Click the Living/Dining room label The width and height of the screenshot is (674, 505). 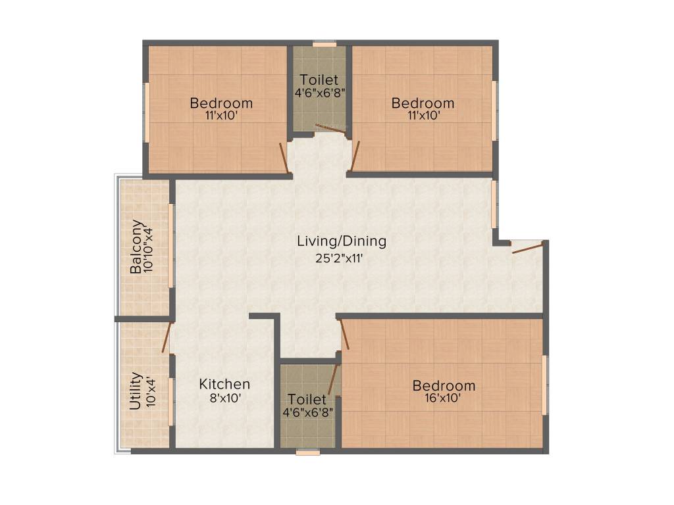pyautogui.click(x=342, y=241)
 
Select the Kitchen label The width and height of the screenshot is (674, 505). pyautogui.click(x=224, y=384)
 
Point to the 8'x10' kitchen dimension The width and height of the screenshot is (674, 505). pyautogui.click(x=225, y=398)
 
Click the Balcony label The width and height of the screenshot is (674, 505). pyautogui.click(x=136, y=247)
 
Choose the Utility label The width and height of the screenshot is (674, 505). pyautogui.click(x=136, y=391)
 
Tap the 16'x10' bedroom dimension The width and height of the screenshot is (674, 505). pyautogui.click(x=444, y=398)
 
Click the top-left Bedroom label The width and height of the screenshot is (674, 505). pyautogui.click(x=221, y=103)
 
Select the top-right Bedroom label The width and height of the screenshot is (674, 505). pyautogui.click(x=423, y=103)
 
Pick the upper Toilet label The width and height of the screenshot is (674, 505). pyautogui.click(x=319, y=80)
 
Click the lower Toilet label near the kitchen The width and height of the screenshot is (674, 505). pyautogui.click(x=307, y=399)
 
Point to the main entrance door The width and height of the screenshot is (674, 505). pyautogui.click(x=528, y=248)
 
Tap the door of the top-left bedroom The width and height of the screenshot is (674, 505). pyautogui.click(x=283, y=158)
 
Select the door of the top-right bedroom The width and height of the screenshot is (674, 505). pyautogui.click(x=355, y=156)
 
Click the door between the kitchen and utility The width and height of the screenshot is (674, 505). pyautogui.click(x=167, y=337)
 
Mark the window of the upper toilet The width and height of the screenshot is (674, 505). pyautogui.click(x=324, y=43)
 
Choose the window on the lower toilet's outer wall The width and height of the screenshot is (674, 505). pyautogui.click(x=308, y=452)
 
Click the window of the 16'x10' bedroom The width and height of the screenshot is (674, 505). pyautogui.click(x=544, y=385)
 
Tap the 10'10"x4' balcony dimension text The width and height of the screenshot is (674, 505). pyautogui.click(x=149, y=247)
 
